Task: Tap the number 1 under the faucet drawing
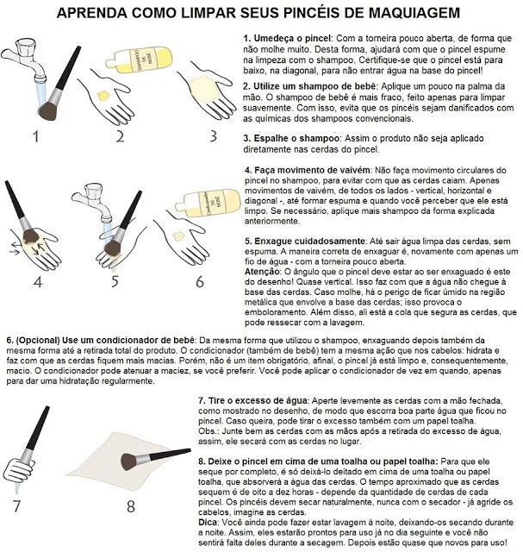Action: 35,135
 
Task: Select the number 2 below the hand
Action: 121,135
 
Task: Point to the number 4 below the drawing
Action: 37,280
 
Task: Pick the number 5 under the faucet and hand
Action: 115,280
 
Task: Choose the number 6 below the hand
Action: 200,280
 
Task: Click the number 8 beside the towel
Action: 131,504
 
